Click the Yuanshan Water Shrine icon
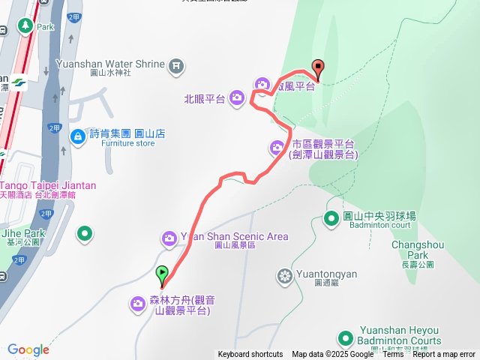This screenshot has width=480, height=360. click(175, 64)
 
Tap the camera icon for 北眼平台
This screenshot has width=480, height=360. click(236, 97)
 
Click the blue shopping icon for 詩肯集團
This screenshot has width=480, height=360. click(77, 136)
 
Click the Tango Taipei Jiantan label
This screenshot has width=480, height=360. click(48, 185)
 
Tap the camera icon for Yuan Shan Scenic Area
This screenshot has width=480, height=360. click(169, 238)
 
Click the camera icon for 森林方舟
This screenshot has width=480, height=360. click(138, 303)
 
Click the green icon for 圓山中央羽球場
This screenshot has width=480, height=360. click(331, 218)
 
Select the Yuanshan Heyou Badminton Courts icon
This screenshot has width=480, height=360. click(346, 339)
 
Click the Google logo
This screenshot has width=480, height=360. click(28, 349)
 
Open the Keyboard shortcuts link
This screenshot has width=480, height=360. click(250, 355)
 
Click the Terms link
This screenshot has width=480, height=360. click(393, 355)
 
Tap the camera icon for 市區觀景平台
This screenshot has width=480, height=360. click(277, 146)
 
